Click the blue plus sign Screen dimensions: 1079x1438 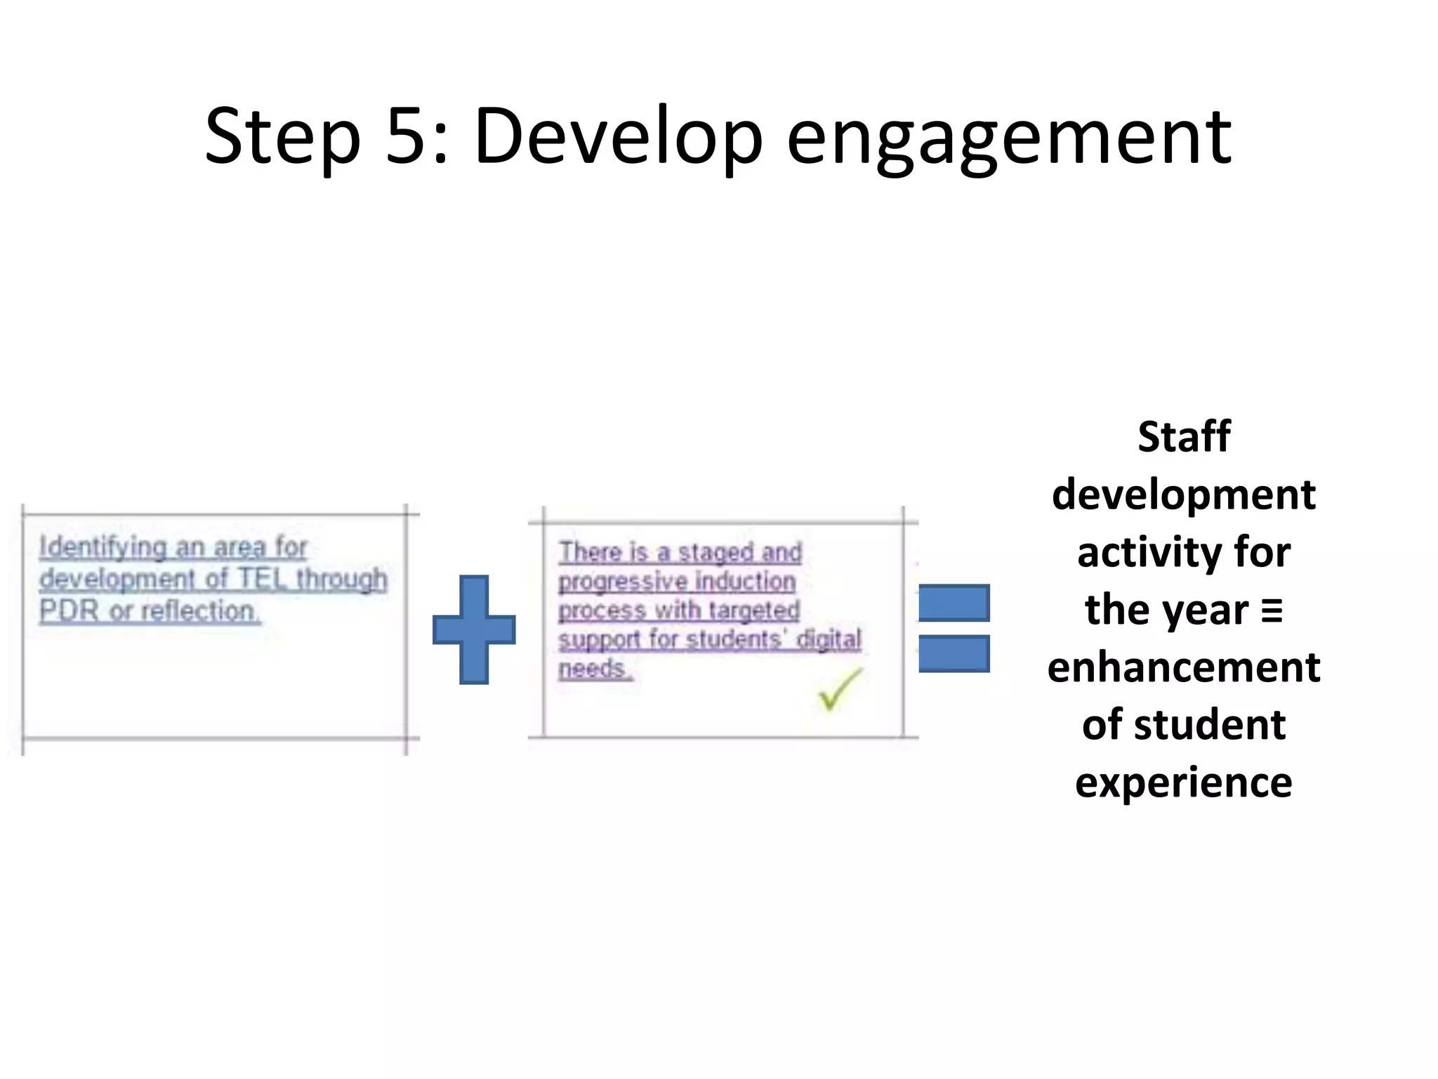[x=474, y=629]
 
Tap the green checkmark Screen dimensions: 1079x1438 [x=838, y=690]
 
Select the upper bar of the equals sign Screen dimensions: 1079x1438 [x=954, y=603]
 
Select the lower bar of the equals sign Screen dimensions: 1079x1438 [x=954, y=653]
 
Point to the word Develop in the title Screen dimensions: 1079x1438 [x=618, y=137]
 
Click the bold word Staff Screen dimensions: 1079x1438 [x=1184, y=436]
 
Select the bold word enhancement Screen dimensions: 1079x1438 [x=1184, y=667]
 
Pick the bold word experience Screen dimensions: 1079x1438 [x=1184, y=782]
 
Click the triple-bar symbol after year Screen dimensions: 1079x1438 [x=1272, y=610]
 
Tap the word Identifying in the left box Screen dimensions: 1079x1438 [x=103, y=547]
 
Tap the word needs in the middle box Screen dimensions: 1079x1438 [x=593, y=668]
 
